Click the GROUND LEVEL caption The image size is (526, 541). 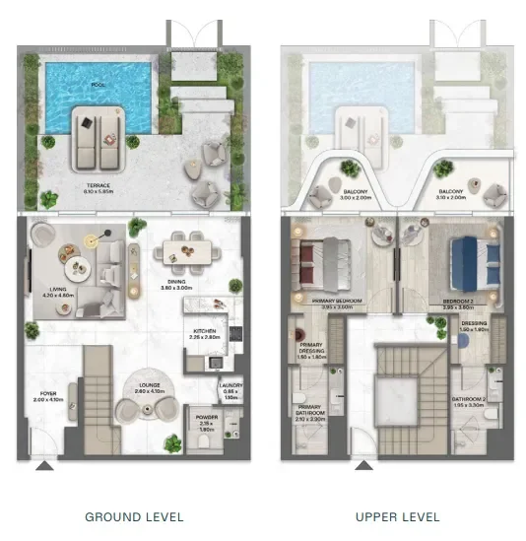pyautogui.click(x=134, y=516)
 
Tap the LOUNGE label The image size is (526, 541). pyautogui.click(x=151, y=389)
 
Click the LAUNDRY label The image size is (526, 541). pyautogui.click(x=231, y=385)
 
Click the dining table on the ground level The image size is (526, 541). pyautogui.click(x=187, y=243)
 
